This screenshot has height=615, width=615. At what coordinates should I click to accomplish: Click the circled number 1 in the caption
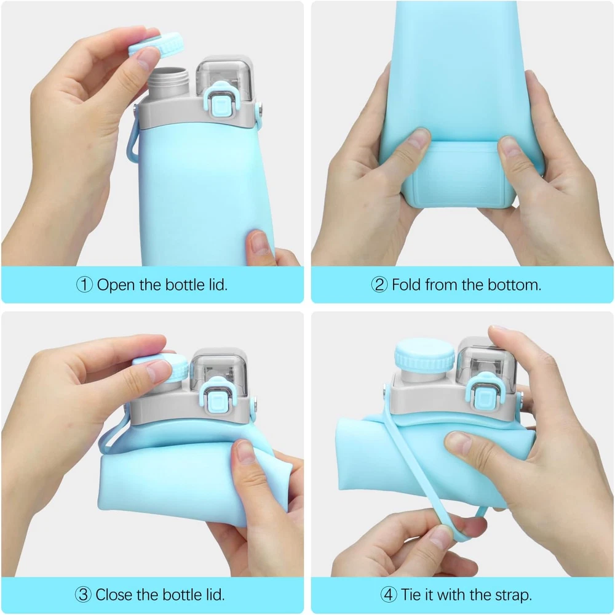pyautogui.click(x=84, y=284)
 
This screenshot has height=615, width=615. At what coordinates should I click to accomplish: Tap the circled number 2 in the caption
pyautogui.click(x=379, y=284)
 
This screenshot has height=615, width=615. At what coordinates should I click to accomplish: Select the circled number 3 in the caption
pyautogui.click(x=83, y=595)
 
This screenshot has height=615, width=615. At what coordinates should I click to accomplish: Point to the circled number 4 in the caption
pyautogui.click(x=388, y=595)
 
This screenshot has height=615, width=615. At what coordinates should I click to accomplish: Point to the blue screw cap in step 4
pyautogui.click(x=425, y=356)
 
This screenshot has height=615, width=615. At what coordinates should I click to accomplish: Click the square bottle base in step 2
pyautogui.click(x=458, y=174)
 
